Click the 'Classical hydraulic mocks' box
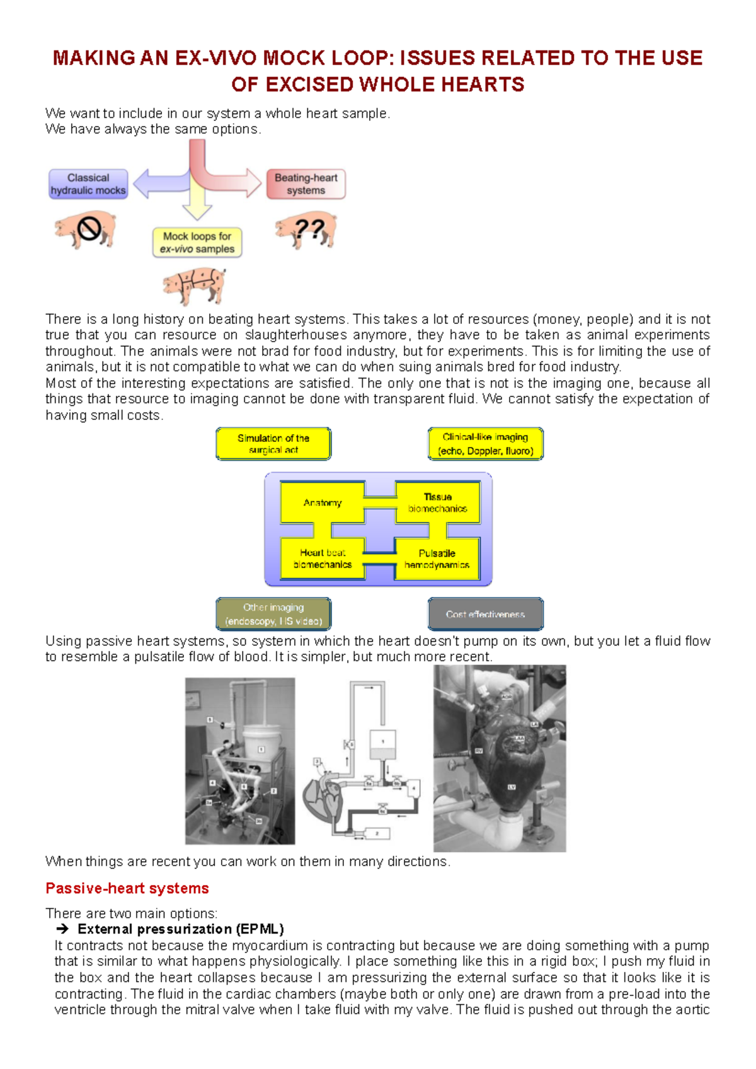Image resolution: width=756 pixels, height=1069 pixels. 88,184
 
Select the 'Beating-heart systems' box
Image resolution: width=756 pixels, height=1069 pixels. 306,184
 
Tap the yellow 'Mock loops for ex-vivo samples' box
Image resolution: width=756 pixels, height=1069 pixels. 197,243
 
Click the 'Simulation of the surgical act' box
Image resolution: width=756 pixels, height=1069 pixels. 273,444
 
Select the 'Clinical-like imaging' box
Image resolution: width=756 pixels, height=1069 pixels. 485,444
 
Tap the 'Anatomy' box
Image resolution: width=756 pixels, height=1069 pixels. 323,502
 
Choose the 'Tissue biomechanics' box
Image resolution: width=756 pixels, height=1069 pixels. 437,502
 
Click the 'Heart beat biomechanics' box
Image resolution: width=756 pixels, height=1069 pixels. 323,558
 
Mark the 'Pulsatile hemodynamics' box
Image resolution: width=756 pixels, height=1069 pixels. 437,558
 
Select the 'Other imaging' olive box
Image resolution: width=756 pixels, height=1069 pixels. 273,614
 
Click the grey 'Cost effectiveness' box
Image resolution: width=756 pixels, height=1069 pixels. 485,614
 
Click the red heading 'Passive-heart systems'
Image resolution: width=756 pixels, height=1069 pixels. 127,888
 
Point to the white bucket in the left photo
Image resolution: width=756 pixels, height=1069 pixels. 260,744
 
